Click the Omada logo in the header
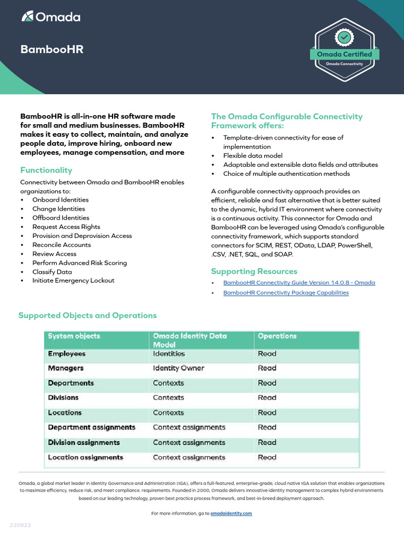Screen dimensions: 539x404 pyautogui.click(x=51, y=17)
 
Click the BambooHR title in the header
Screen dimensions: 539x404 pyautogui.click(x=52, y=49)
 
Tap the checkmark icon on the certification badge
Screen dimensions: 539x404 pyautogui.click(x=344, y=37)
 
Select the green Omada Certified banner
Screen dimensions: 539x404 pyautogui.click(x=344, y=54)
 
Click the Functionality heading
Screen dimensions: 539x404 pyautogui.click(x=46, y=170)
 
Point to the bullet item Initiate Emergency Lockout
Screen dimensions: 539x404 pyautogui.click(x=73, y=281)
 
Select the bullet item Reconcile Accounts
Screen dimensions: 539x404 pyautogui.click(x=62, y=245)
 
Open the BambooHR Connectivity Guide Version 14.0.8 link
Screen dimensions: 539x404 pyautogui.click(x=299, y=283)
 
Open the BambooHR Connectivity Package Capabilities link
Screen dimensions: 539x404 pyautogui.click(x=286, y=293)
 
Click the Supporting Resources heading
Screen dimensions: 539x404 pyautogui.click(x=254, y=272)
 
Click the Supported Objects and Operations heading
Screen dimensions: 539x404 pyautogui.click(x=87, y=316)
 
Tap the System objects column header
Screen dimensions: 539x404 pyautogui.click(x=74, y=336)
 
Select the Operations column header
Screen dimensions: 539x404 pyautogui.click(x=277, y=336)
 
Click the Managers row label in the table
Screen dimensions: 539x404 pyautogui.click(x=66, y=368)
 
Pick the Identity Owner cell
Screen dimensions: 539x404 pyautogui.click(x=178, y=368)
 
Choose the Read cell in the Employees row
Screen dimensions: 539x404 pyautogui.click(x=267, y=354)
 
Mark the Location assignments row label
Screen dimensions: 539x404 pyautogui.click(x=85, y=457)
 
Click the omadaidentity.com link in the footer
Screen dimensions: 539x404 pyautogui.click(x=231, y=513)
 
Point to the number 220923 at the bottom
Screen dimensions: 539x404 pyautogui.click(x=21, y=526)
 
